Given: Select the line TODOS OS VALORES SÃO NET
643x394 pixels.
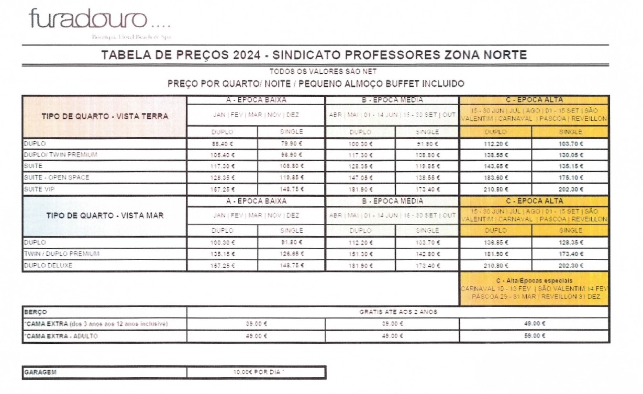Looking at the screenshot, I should (315, 71).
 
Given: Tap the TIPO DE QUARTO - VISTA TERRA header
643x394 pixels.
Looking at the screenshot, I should (105, 116).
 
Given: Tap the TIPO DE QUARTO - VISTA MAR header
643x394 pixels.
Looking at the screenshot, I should (105, 215).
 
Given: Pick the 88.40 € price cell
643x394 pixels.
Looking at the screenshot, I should (222, 144).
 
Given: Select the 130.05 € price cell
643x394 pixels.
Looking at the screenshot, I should (570, 155).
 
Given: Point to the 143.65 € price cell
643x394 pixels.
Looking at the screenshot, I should (495, 166).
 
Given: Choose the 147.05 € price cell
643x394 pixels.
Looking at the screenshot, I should (360, 177).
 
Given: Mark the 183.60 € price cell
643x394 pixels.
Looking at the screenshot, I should (495, 177).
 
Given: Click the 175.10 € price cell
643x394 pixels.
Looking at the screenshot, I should (570, 177).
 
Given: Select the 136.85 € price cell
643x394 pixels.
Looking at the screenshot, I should (495, 243).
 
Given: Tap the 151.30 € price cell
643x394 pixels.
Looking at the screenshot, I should (360, 254).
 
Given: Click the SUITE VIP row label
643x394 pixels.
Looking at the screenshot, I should (39, 189).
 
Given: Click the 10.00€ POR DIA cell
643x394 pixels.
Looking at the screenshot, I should (257, 373).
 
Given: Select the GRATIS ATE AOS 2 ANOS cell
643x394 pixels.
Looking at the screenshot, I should (398, 312).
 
